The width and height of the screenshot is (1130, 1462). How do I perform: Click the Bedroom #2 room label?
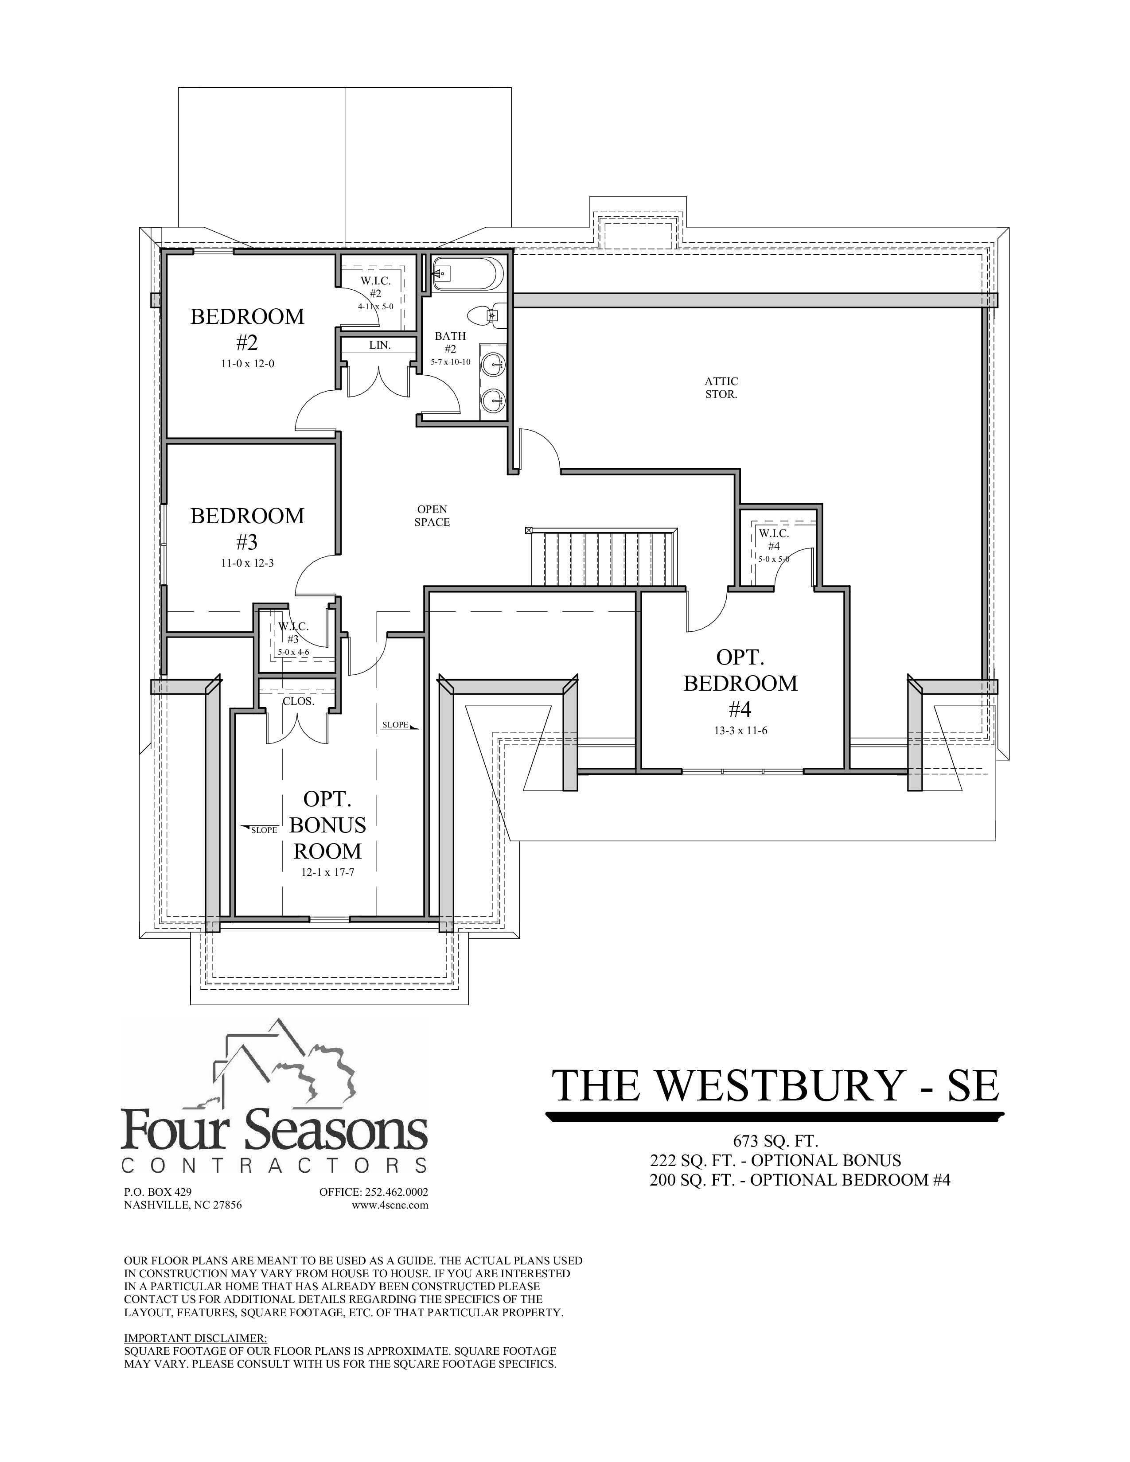pos(247,329)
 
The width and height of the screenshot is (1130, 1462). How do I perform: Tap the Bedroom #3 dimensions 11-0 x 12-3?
pos(247,563)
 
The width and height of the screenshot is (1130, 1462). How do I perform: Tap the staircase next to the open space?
pos(603,558)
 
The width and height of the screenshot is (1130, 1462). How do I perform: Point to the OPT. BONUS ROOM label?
pos(327,825)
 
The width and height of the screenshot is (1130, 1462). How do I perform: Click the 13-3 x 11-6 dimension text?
pos(740,730)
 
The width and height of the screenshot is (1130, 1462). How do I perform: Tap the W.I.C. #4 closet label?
pos(774,540)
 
